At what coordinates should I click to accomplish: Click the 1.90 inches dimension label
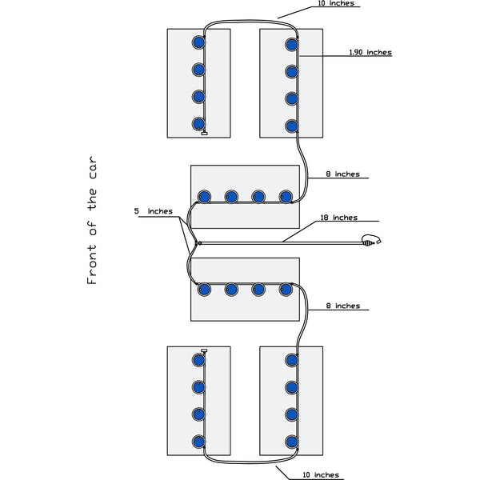click(x=370, y=53)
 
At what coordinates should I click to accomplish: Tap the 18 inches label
click(x=338, y=218)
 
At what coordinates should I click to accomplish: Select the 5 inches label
click(x=153, y=211)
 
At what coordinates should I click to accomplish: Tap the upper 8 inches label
click(x=342, y=174)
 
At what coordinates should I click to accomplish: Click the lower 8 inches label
click(x=342, y=306)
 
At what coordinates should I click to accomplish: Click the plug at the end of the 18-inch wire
click(x=370, y=240)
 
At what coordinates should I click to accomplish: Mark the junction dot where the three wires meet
click(x=198, y=242)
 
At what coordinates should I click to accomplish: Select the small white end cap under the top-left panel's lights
click(x=205, y=134)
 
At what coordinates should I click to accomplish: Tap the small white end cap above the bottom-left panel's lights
click(x=204, y=350)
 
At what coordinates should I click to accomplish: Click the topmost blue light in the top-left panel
click(x=198, y=42)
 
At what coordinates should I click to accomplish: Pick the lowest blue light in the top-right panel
click(x=292, y=125)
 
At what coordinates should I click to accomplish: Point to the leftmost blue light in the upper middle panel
click(x=204, y=196)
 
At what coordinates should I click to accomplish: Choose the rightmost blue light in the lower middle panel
click(x=286, y=289)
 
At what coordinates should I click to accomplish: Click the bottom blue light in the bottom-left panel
click(x=198, y=441)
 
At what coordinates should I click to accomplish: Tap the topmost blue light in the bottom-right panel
click(x=292, y=361)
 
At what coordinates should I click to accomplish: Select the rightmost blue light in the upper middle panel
click(x=286, y=196)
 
